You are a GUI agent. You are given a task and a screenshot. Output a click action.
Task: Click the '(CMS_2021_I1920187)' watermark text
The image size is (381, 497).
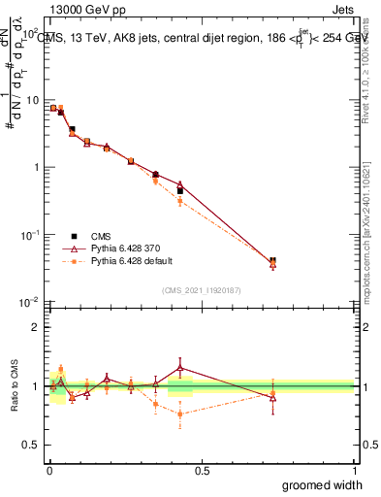click(201, 289)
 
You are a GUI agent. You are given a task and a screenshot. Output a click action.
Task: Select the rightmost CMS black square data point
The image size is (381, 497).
click(272, 261)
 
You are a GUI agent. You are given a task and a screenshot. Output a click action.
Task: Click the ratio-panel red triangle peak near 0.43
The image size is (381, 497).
click(180, 367)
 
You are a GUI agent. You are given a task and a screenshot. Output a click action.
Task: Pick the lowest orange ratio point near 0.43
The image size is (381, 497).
click(180, 414)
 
